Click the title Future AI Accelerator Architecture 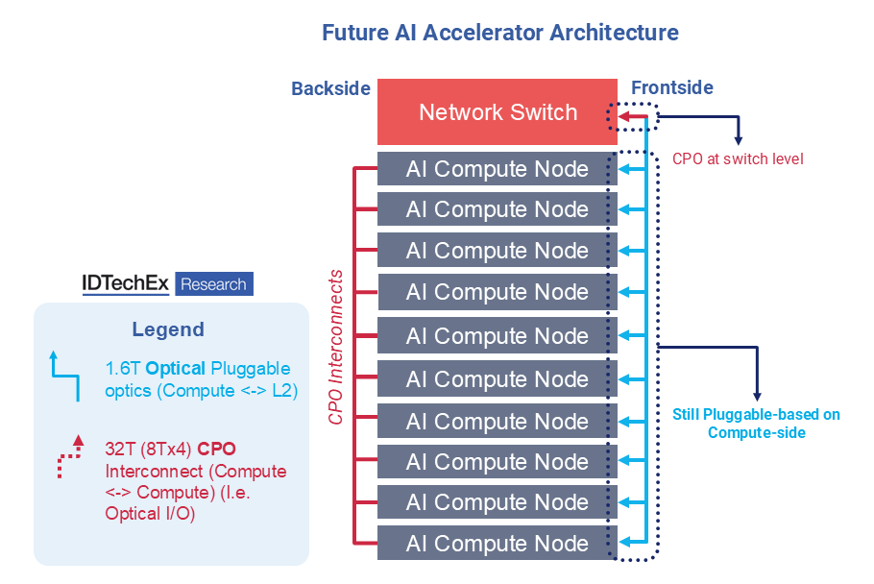(499, 32)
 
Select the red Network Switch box (497, 112)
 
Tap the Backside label (330, 88)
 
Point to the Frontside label (671, 88)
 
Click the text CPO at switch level (738, 158)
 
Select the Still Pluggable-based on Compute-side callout (756, 424)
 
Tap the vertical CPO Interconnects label (336, 347)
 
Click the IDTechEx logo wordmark (125, 284)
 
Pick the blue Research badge (213, 284)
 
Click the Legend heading (168, 329)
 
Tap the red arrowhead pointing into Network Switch (622, 118)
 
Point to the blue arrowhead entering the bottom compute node (623, 544)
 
